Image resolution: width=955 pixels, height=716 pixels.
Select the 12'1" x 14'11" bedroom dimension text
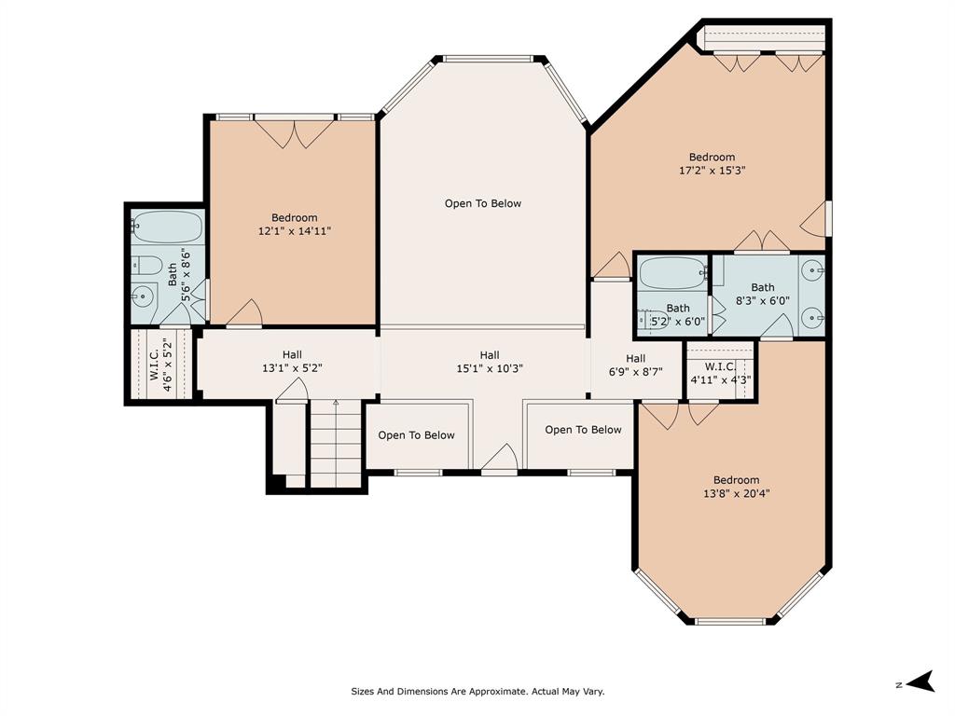point(294,231)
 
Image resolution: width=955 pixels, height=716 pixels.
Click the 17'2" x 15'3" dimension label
point(712,171)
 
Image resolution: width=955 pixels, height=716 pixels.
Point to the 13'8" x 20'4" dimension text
point(737,493)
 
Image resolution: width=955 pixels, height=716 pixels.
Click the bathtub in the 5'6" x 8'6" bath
point(168,227)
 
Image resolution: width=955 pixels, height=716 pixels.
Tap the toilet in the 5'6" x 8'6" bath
point(146,266)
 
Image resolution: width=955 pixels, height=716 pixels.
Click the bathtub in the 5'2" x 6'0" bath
point(673,272)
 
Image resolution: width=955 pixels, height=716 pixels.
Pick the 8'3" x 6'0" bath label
point(763,294)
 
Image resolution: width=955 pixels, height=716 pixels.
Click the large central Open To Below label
point(483,203)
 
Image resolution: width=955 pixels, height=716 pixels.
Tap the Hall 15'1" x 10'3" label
point(490,362)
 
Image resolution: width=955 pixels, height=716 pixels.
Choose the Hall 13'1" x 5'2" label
point(292,361)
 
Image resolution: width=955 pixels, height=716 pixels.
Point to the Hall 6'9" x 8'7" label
point(635,365)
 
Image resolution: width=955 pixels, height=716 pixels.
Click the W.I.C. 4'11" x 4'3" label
point(721,373)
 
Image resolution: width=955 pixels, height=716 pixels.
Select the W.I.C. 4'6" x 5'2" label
point(159,365)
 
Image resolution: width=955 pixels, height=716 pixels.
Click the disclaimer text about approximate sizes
point(477,691)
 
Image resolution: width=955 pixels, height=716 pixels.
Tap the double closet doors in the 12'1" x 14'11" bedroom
point(295,134)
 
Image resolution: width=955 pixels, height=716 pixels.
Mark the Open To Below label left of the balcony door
point(417,435)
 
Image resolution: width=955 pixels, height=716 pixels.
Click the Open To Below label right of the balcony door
point(584,430)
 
